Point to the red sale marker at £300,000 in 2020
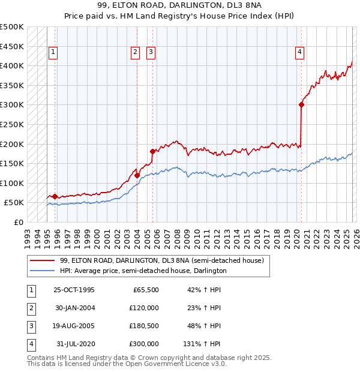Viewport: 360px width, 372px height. pyautogui.click(x=301, y=104)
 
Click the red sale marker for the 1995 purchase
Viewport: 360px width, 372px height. pyautogui.click(x=55, y=196)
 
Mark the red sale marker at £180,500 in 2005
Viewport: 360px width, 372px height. pyautogui.click(x=152, y=151)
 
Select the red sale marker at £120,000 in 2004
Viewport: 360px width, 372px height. pyautogui.click(x=137, y=175)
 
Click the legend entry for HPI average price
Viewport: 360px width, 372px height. pyautogui.click(x=143, y=271)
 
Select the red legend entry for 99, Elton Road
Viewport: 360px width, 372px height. pyautogui.click(x=161, y=260)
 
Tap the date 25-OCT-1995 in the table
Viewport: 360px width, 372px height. pyautogui.click(x=74, y=290)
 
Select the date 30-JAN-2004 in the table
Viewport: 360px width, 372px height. pyautogui.click(x=74, y=308)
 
